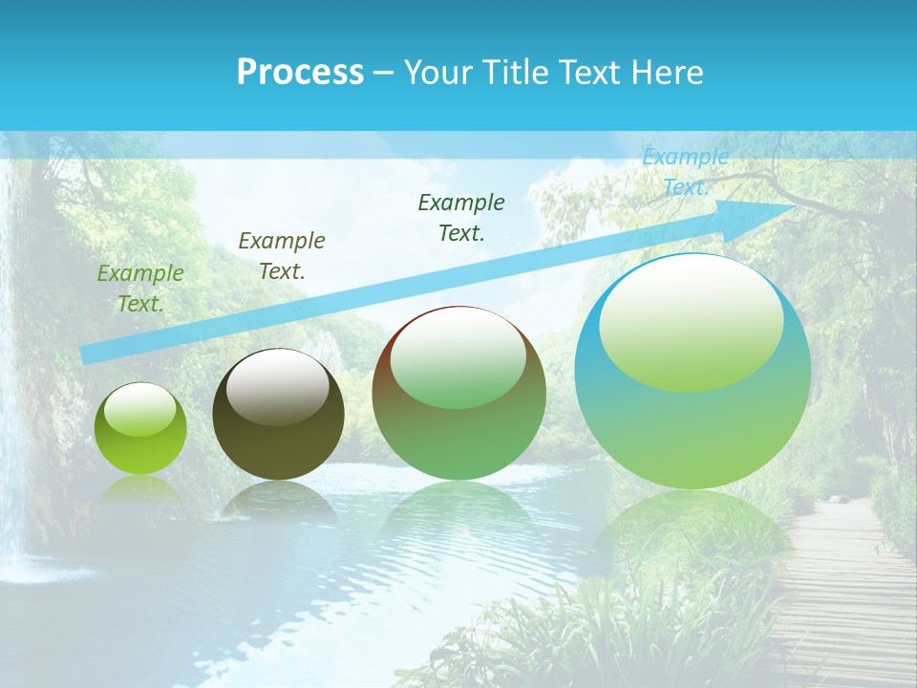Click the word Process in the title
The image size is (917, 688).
click(x=300, y=73)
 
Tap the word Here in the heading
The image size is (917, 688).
click(x=667, y=73)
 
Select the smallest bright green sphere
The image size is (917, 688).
click(x=140, y=429)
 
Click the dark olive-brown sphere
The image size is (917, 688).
click(x=278, y=415)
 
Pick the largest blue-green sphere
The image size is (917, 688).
click(x=693, y=372)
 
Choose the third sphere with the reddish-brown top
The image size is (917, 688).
click(x=459, y=394)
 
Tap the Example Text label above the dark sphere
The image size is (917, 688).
click(x=282, y=256)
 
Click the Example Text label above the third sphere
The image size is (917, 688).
click(x=461, y=217)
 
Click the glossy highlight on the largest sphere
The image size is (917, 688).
click(x=692, y=322)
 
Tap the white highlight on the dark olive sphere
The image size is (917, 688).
click(x=278, y=386)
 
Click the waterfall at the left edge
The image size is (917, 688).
click(x=11, y=459)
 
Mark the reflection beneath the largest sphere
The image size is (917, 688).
click(x=693, y=535)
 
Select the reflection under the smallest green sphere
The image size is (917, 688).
click(x=140, y=493)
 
